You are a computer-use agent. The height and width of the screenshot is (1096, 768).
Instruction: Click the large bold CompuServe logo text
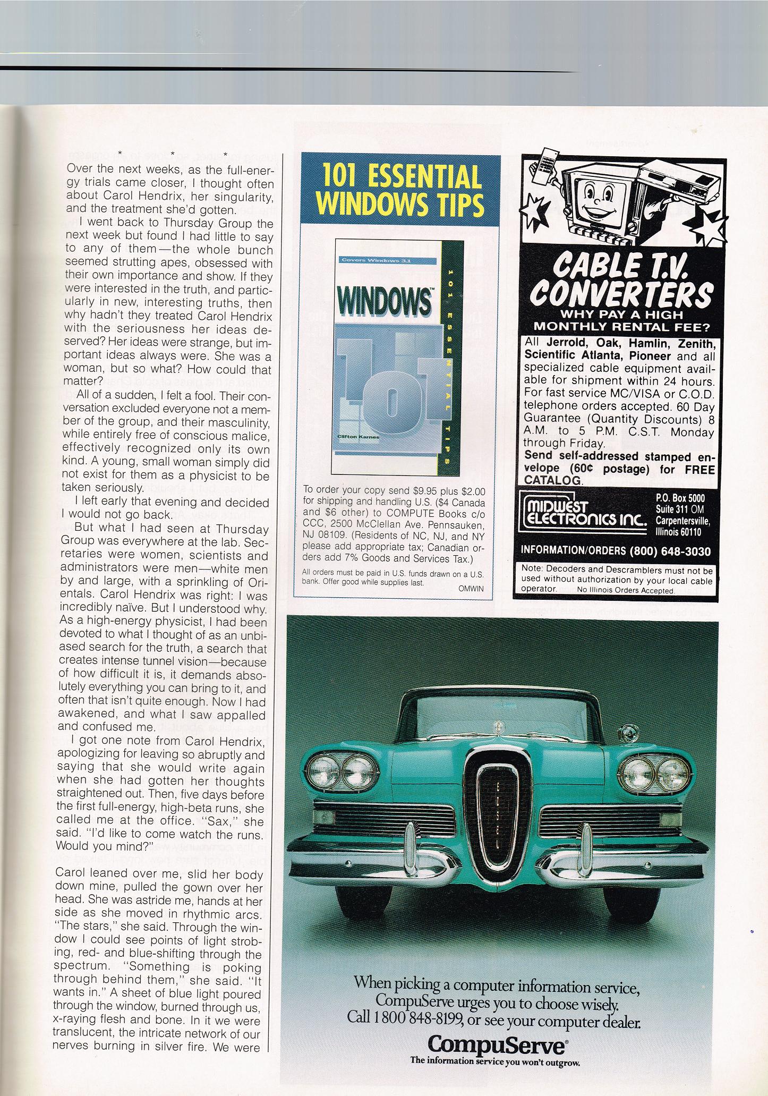(497, 1046)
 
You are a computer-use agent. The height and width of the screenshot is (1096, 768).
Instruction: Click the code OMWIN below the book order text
(471, 589)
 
